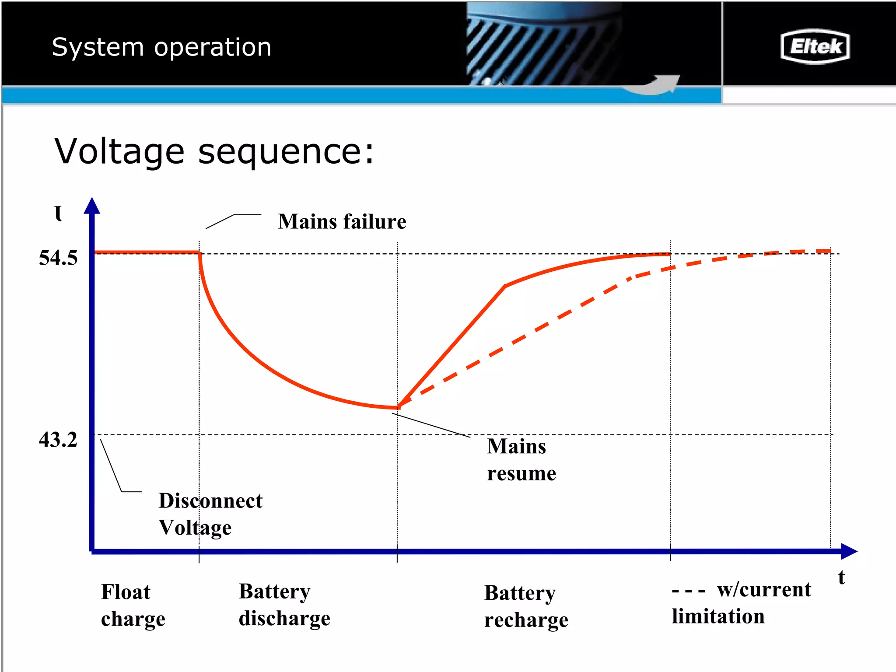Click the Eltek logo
click(x=815, y=46)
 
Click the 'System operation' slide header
click(x=161, y=47)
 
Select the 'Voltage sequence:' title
click(x=214, y=151)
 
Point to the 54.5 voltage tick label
click(x=58, y=258)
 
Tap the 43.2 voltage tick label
click(x=58, y=440)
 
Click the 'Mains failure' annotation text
click(x=342, y=221)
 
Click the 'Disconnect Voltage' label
click(x=210, y=514)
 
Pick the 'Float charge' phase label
click(x=133, y=605)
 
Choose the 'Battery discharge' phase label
click(x=284, y=605)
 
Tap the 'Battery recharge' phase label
click(x=526, y=606)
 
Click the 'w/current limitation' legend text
click(x=741, y=603)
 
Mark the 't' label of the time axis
click(x=841, y=577)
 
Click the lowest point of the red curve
click(x=397, y=408)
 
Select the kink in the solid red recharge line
click(x=505, y=286)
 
